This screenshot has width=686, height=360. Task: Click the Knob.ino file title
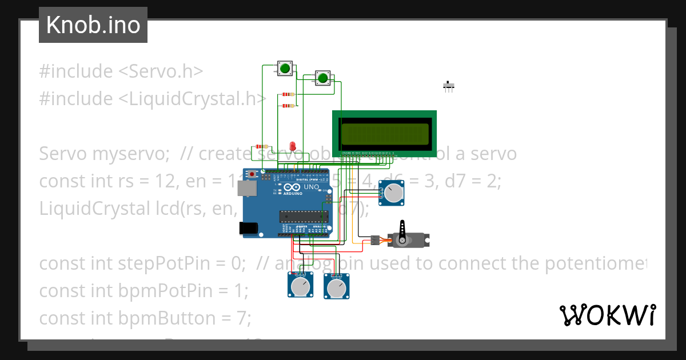[x=93, y=25]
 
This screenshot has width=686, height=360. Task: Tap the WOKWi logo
[x=607, y=315]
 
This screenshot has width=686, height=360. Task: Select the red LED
[x=293, y=146]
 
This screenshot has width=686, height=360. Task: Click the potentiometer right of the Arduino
[x=392, y=193]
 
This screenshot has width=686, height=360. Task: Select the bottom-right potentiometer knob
[x=337, y=287]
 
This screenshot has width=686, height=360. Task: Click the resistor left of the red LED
[x=264, y=147]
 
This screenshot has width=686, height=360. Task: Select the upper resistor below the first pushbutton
[x=289, y=95]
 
